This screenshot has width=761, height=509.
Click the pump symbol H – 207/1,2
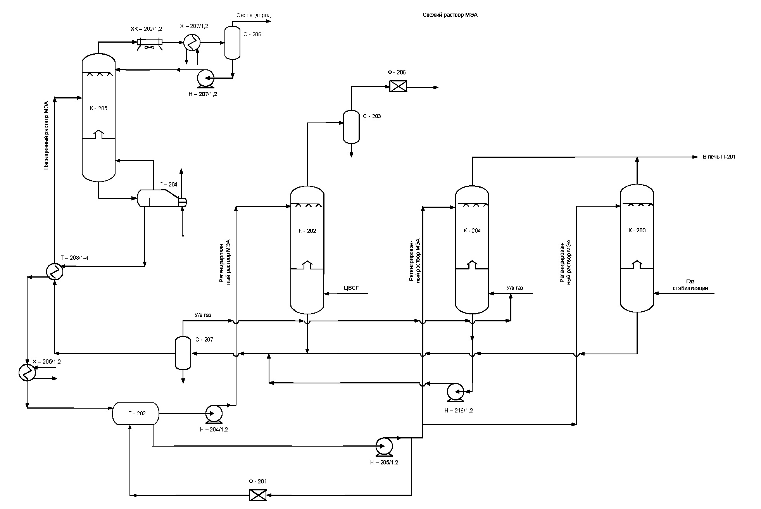click(205, 78)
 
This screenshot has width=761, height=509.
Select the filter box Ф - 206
click(398, 86)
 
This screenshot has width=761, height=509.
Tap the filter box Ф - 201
click(258, 495)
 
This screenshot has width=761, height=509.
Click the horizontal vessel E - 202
click(136, 413)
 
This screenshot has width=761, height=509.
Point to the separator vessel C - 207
click(183, 353)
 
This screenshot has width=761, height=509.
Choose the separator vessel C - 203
click(351, 127)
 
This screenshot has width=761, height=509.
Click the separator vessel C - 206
click(233, 42)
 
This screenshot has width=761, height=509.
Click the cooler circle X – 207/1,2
click(192, 42)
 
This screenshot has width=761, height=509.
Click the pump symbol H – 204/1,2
click(214, 414)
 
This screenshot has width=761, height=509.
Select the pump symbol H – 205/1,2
click(384, 446)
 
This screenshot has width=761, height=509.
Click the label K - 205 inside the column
click(98, 108)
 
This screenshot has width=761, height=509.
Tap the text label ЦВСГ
click(352, 288)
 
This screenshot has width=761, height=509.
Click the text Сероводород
click(254, 15)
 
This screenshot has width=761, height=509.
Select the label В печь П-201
click(719, 157)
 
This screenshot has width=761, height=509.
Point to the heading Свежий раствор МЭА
click(450, 15)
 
